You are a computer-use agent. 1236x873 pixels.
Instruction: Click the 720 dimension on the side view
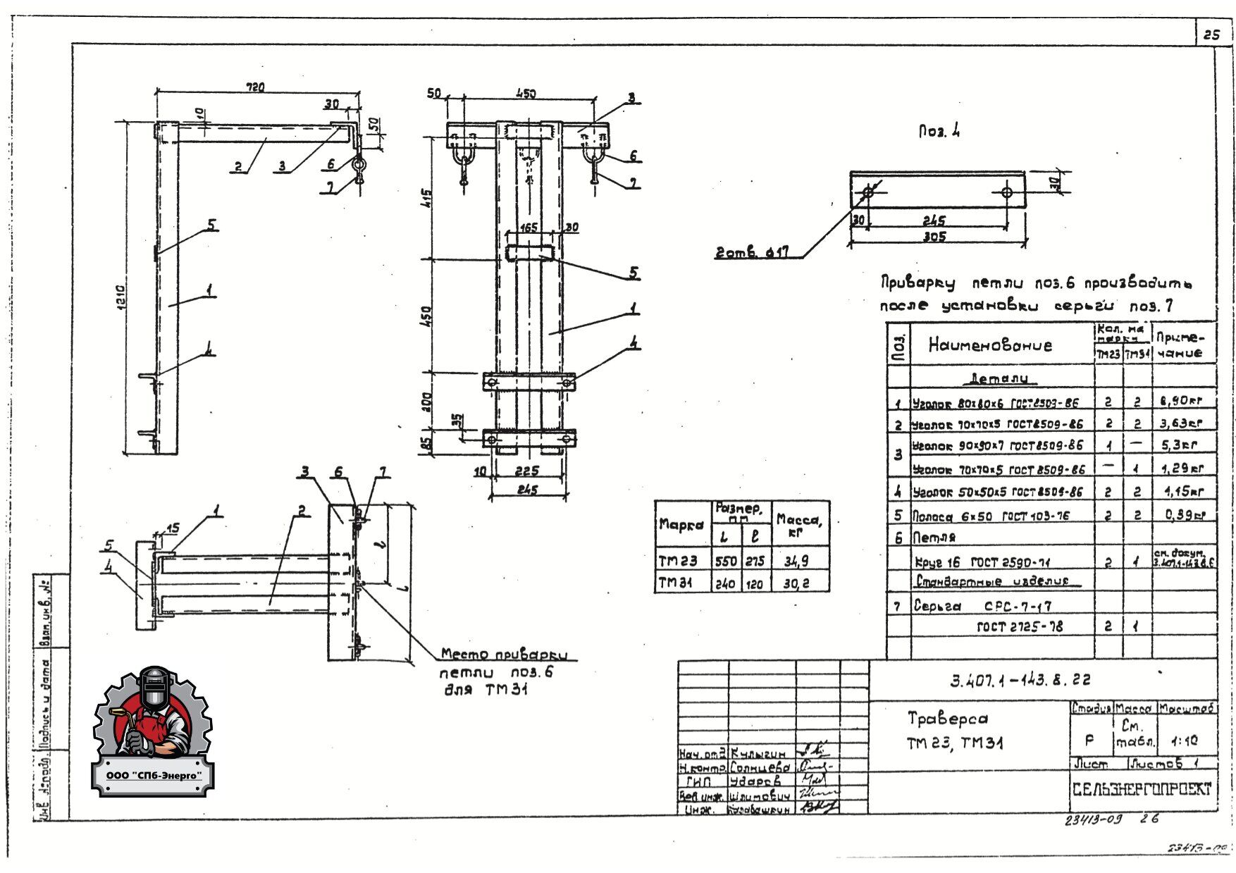[254, 87]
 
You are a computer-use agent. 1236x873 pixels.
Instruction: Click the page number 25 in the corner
[1212, 35]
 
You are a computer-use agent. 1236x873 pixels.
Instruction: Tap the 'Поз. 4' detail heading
[939, 132]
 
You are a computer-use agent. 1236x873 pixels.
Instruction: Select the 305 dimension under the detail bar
[935, 237]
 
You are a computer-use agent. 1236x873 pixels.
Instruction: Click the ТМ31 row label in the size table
[677, 583]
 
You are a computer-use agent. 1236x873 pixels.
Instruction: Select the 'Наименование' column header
[989, 345]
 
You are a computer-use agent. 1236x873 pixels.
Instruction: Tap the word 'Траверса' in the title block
[947, 719]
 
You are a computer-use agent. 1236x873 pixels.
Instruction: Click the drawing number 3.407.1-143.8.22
[1020, 680]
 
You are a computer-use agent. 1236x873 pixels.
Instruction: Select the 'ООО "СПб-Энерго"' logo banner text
[152, 775]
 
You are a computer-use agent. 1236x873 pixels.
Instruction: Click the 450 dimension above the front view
[525, 94]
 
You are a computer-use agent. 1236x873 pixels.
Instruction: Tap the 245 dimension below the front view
[526, 490]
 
